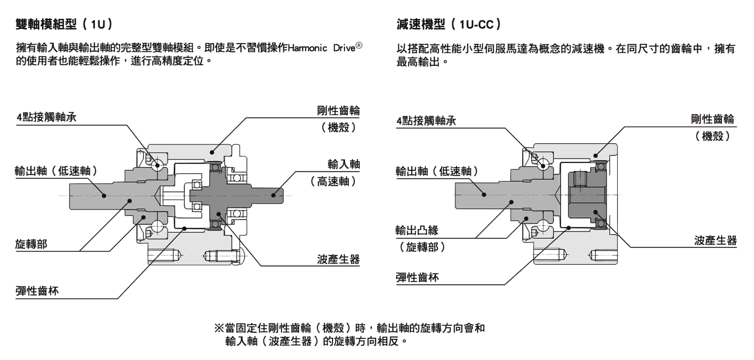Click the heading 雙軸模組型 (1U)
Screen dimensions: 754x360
pos(64,24)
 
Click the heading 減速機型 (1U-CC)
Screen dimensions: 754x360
pos(449,24)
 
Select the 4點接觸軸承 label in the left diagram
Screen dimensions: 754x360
pos(46,117)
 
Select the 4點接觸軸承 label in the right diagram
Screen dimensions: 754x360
pos(426,120)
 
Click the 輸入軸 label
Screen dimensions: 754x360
pos(344,164)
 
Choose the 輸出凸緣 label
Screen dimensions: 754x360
pos(417,231)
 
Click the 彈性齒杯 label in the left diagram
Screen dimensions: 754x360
pos(37,291)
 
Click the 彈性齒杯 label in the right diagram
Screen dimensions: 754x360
pos(417,277)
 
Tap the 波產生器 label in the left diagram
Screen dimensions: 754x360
pos(338,259)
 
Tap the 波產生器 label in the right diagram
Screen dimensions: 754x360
pos(715,240)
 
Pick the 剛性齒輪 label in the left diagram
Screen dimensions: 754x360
pos(338,111)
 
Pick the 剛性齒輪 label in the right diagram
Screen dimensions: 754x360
pos(712,119)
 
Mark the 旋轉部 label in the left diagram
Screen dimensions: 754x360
pos(31,244)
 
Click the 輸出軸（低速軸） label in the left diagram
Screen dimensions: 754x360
pos(56,171)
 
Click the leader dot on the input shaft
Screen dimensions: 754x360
pos(274,195)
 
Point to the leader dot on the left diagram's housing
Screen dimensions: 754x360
pos(212,152)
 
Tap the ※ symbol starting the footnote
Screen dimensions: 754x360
pos(219,328)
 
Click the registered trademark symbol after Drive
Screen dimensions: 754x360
pos(359,46)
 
